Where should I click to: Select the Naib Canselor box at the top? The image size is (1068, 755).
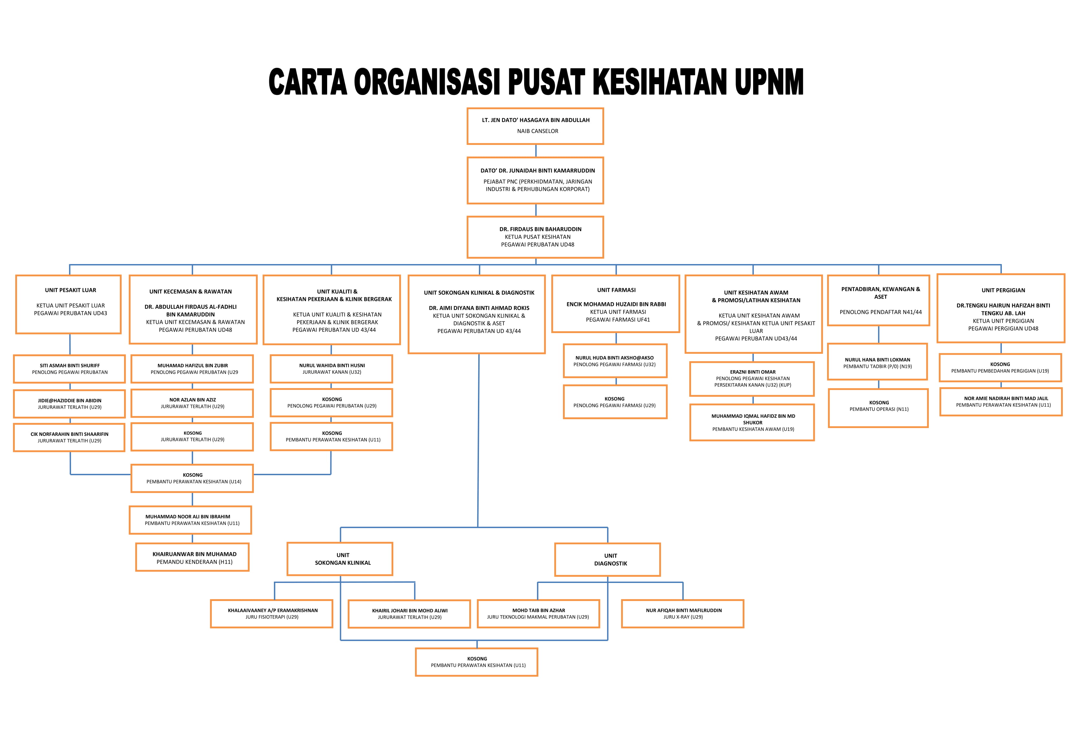pyautogui.click(x=535, y=126)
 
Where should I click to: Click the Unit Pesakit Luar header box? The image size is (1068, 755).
pyautogui.click(x=68, y=304)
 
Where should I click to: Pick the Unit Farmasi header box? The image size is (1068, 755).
pyautogui.click(x=616, y=304)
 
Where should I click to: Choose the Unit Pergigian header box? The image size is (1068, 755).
pyautogui.click(x=1001, y=308)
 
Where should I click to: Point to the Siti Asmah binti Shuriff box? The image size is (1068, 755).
pyautogui.click(x=69, y=369)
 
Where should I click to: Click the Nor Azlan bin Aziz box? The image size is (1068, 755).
pyautogui.click(x=192, y=403)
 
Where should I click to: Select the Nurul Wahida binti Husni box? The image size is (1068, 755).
pyautogui.click(x=331, y=369)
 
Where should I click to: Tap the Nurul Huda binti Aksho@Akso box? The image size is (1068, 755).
pyautogui.click(x=615, y=361)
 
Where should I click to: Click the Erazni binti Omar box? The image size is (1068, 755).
pyautogui.click(x=752, y=378)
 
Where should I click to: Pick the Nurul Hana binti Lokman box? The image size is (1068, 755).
pyautogui.click(x=877, y=362)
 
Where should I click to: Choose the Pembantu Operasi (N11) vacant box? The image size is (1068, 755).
pyautogui.click(x=878, y=408)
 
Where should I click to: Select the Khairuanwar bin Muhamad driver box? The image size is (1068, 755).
pyautogui.click(x=192, y=557)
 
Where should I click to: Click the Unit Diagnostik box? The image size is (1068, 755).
pyautogui.click(x=607, y=559)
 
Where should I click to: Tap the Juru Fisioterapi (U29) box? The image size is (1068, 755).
pyautogui.click(x=272, y=614)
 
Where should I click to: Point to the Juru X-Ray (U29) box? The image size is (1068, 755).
pyautogui.click(x=682, y=614)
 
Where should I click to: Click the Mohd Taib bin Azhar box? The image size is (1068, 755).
pyautogui.click(x=538, y=614)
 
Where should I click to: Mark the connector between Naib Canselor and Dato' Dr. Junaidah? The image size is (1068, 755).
pyautogui.click(x=536, y=151)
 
